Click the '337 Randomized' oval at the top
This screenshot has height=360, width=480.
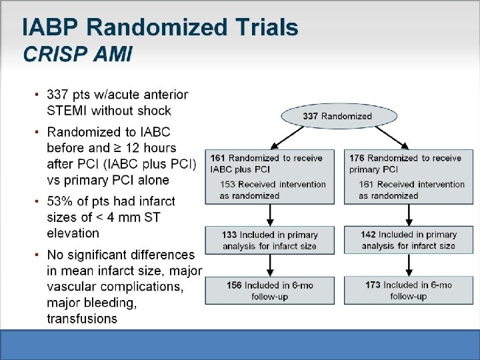(337, 116)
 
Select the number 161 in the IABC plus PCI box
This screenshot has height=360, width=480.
(217, 158)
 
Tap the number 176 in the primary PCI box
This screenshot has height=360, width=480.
(357, 158)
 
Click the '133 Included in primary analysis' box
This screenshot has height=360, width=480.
(270, 240)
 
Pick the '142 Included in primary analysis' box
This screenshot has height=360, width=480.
(408, 240)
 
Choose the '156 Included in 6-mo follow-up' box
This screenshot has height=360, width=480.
(270, 290)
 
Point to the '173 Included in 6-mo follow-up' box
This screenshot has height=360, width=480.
(408, 290)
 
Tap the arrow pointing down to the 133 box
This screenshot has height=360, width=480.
(270, 215)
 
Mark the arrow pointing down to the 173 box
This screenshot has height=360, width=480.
(409, 265)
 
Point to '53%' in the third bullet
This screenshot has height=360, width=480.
(62, 201)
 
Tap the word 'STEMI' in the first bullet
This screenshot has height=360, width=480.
(67, 111)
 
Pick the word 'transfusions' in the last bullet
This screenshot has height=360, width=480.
(82, 319)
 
